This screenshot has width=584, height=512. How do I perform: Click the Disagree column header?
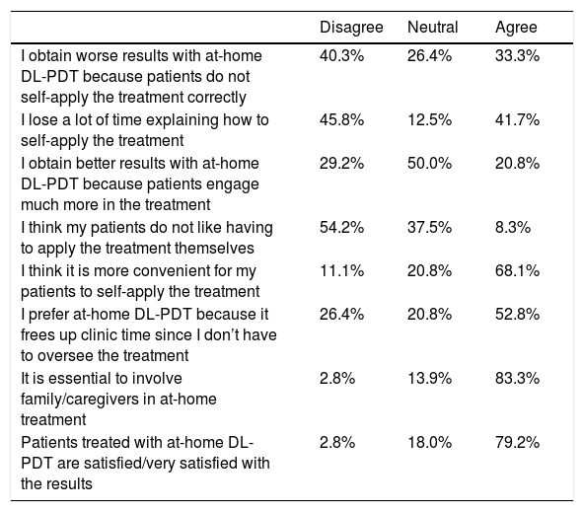pyautogui.click(x=351, y=28)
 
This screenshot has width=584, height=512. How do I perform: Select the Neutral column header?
pyautogui.click(x=432, y=28)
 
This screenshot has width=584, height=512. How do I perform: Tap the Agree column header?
pyautogui.click(x=516, y=28)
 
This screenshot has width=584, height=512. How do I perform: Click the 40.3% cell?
pyautogui.click(x=341, y=56)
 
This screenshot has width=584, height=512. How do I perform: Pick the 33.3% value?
pyautogui.click(x=517, y=56)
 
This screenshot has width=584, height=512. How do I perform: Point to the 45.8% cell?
pyautogui.click(x=341, y=120)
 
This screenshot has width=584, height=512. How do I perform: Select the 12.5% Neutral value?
pyautogui.click(x=429, y=120)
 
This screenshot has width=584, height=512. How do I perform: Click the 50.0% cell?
pyautogui.click(x=429, y=163)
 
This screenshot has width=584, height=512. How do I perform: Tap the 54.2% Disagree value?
pyautogui.click(x=341, y=227)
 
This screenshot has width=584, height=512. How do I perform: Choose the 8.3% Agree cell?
pyautogui.click(x=513, y=227)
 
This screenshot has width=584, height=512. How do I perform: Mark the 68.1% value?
pyautogui.click(x=517, y=270)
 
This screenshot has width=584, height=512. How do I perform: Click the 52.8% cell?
pyautogui.click(x=517, y=314)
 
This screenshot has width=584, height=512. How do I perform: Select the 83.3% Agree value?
pyautogui.click(x=517, y=378)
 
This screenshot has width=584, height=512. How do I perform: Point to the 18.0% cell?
pyautogui.click(x=429, y=442)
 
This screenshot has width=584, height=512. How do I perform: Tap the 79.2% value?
pyautogui.click(x=517, y=442)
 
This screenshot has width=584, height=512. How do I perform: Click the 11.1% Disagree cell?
pyautogui.click(x=341, y=270)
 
